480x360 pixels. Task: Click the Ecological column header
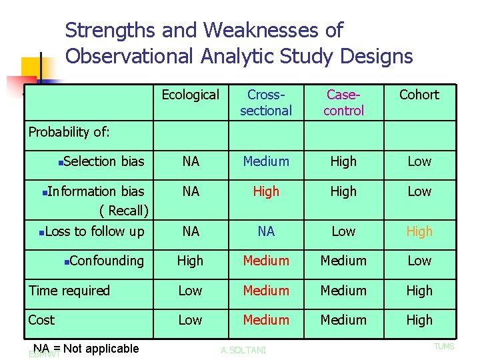point(190,95)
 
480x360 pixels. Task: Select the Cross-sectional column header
point(266,103)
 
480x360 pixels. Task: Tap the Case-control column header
point(343,103)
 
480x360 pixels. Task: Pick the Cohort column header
point(419,95)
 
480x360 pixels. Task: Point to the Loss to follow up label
point(94,231)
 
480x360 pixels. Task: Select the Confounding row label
point(106,261)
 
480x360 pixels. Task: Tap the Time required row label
point(69,291)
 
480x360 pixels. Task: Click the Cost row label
point(41,320)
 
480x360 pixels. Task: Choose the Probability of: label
point(69,132)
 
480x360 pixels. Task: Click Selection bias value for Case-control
point(343,161)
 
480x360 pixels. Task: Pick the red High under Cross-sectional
point(266,191)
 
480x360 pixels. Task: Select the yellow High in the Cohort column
point(419,231)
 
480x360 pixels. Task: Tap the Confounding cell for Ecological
point(190,261)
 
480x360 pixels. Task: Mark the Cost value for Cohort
point(419,320)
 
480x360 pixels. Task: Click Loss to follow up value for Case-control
point(343,231)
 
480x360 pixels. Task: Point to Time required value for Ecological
point(190,291)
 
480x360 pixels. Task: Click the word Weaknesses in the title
point(273,30)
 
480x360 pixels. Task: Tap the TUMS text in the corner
point(444,347)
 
